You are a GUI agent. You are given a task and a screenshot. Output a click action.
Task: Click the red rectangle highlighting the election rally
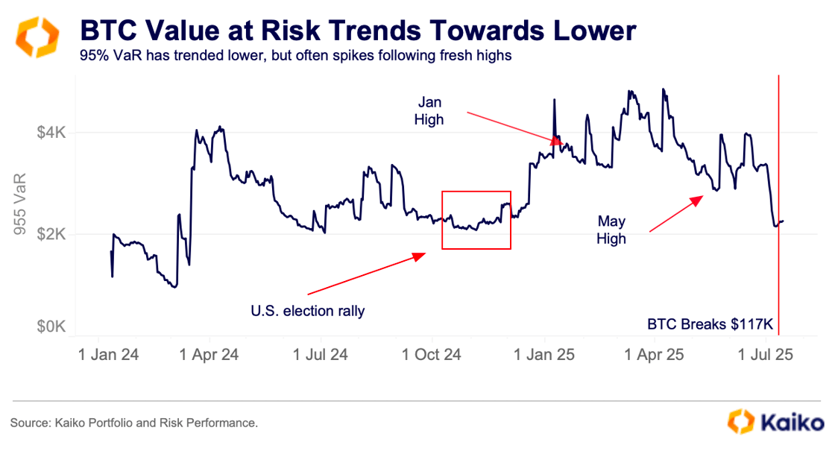coord(476,192)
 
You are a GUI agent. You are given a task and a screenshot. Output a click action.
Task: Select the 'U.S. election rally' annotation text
coord(308,311)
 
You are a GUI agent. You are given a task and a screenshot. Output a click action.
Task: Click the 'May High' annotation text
coord(611,230)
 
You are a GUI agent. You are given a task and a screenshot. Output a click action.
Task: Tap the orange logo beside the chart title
coord(35,37)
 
